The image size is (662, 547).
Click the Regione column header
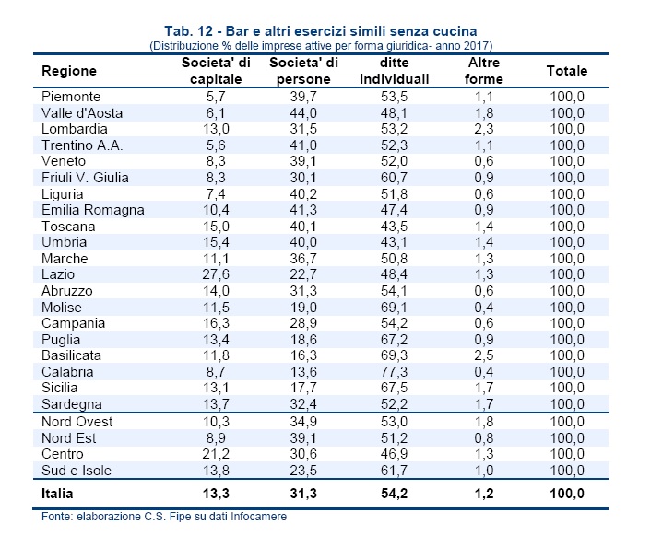[69, 71]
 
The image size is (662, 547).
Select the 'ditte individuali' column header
[394, 71]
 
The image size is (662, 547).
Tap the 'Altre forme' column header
[484, 71]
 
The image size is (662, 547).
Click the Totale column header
[567, 71]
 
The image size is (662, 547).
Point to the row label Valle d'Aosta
[82, 113]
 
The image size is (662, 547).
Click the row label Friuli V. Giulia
[85, 178]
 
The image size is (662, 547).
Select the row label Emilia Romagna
[93, 210]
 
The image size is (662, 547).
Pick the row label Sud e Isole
[77, 471]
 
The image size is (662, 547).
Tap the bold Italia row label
[57, 494]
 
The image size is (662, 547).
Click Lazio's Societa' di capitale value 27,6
[216, 274]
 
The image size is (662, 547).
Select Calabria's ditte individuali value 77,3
[394, 372]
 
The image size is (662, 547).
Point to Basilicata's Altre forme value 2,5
[484, 355]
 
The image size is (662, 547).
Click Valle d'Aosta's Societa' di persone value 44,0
[303, 113]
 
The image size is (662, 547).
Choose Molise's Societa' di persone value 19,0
[303, 308]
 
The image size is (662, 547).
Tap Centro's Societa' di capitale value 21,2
[216, 454]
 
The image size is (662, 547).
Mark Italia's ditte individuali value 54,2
[394, 494]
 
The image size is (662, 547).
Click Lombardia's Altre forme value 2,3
[484, 129]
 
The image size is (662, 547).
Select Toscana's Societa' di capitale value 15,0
[216, 227]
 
